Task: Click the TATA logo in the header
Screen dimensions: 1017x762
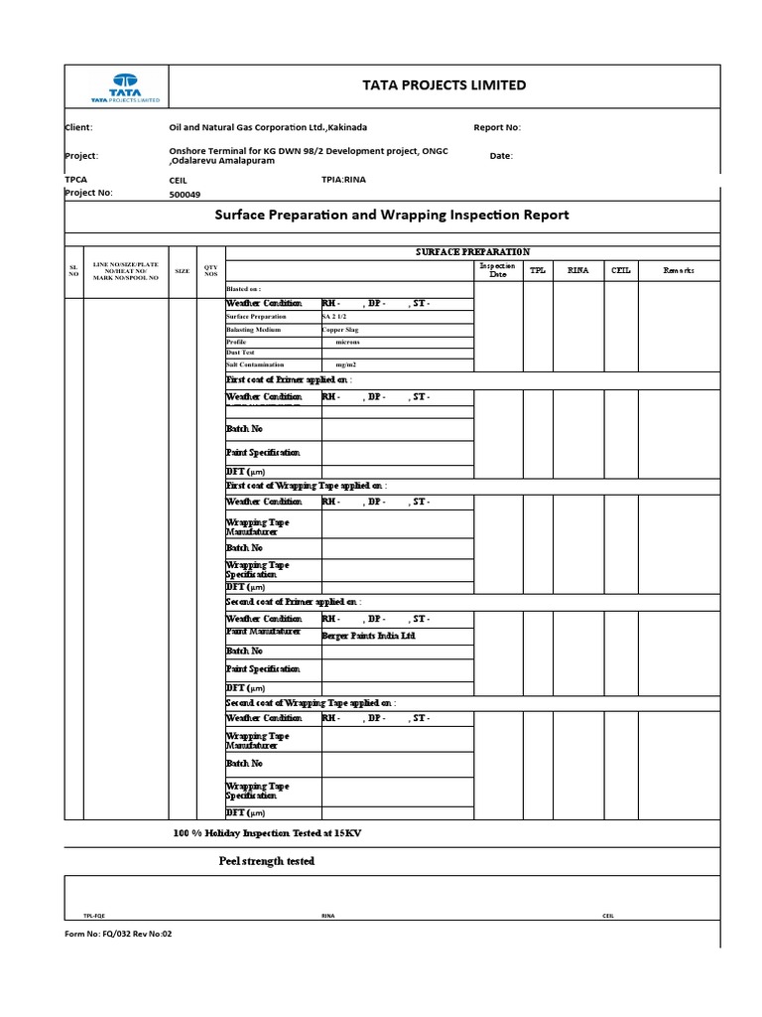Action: click(x=125, y=88)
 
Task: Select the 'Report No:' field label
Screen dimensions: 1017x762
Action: click(x=497, y=127)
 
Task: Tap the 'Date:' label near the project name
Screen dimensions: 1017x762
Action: click(x=501, y=156)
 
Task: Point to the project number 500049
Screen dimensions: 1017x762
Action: click(x=191, y=195)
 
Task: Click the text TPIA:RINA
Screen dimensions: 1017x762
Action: click(x=344, y=180)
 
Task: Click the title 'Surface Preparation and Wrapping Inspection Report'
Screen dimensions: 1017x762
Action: click(x=392, y=215)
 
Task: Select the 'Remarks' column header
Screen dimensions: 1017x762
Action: click(x=679, y=270)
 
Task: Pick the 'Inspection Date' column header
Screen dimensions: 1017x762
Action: click(x=497, y=270)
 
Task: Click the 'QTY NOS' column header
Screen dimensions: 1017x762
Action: click(x=210, y=270)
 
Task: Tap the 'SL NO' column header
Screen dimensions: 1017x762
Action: click(x=72, y=270)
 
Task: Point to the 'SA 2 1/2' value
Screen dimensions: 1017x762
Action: click(x=337, y=316)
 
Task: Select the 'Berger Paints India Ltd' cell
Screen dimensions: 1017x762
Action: click(x=368, y=635)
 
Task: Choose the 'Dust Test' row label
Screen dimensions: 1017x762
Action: click(x=241, y=353)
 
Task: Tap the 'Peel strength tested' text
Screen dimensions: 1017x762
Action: click(x=266, y=861)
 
